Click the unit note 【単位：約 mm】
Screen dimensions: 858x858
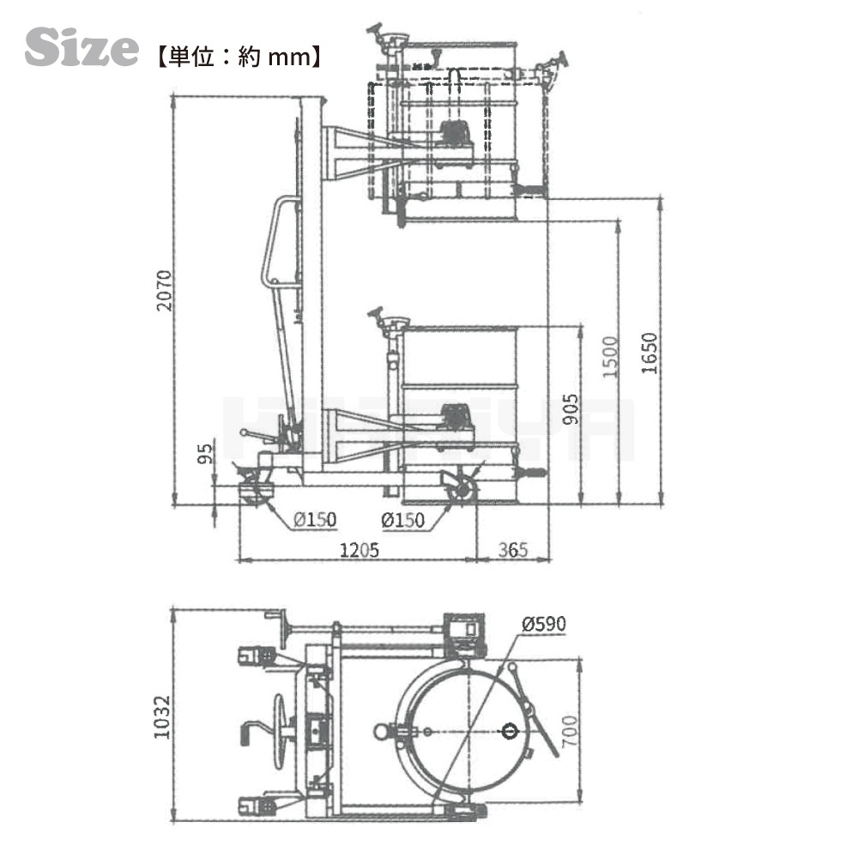click(x=238, y=57)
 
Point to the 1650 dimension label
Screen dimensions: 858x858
click(x=650, y=352)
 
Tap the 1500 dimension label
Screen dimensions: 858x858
click(x=609, y=357)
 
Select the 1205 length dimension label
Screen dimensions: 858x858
click(x=358, y=550)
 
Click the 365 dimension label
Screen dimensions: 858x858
click(x=513, y=550)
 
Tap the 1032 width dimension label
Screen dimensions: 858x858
click(x=164, y=717)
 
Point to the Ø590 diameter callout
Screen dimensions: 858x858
click(x=543, y=624)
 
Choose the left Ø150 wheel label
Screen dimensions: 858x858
click(x=314, y=520)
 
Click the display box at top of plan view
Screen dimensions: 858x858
click(x=464, y=631)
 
